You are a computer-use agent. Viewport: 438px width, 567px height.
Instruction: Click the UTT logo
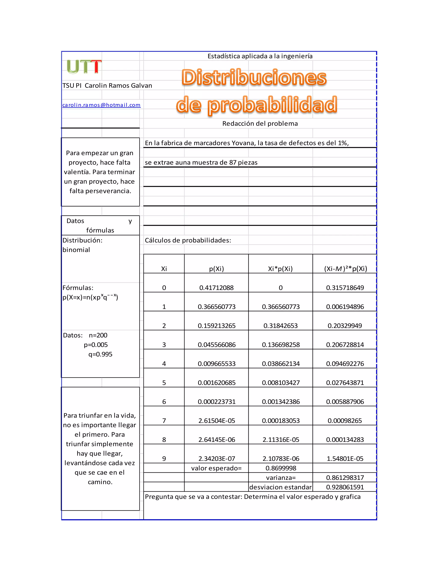(x=84, y=67)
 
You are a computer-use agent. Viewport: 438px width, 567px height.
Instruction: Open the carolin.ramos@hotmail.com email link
(x=101, y=105)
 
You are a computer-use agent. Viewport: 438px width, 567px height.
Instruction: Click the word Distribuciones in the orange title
(x=254, y=77)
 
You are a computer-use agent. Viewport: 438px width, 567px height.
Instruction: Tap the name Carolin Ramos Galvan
(x=118, y=86)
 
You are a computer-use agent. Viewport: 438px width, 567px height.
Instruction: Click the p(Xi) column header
(x=216, y=269)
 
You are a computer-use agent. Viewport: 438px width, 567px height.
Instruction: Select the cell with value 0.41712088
(x=216, y=288)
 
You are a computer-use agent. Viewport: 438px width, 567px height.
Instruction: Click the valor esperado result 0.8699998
(x=281, y=468)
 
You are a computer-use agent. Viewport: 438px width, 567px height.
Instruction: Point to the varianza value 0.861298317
(x=345, y=478)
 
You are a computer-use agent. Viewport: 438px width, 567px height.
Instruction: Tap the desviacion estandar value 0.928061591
(x=345, y=487)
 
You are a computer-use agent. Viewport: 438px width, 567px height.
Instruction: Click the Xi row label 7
(x=164, y=421)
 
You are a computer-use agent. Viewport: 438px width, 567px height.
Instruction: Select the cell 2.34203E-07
(x=216, y=459)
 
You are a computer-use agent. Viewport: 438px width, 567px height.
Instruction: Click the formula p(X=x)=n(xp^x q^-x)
(x=90, y=297)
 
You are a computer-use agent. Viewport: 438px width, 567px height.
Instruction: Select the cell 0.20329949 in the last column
(x=345, y=326)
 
